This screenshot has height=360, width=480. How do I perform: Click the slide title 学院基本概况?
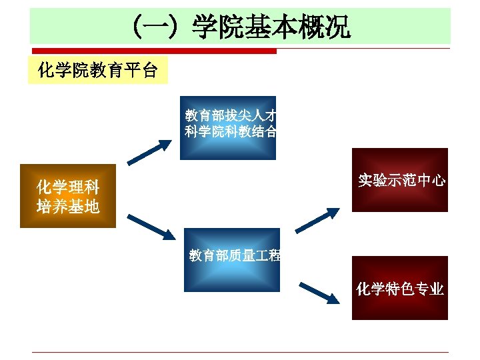271,28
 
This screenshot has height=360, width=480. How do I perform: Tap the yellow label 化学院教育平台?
97,70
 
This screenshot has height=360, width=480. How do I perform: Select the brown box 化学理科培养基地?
68,196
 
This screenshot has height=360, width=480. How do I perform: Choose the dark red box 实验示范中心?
400,180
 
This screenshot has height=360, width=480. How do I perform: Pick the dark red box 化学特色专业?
400,288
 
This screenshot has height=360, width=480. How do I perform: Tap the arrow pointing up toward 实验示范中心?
320,221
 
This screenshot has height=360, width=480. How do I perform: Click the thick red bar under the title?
153,51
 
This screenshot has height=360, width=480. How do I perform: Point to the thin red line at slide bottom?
240,352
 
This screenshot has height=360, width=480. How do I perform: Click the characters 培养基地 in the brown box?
68,207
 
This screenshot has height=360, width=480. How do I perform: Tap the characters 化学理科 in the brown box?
68,186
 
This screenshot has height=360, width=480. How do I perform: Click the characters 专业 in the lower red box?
429,289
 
